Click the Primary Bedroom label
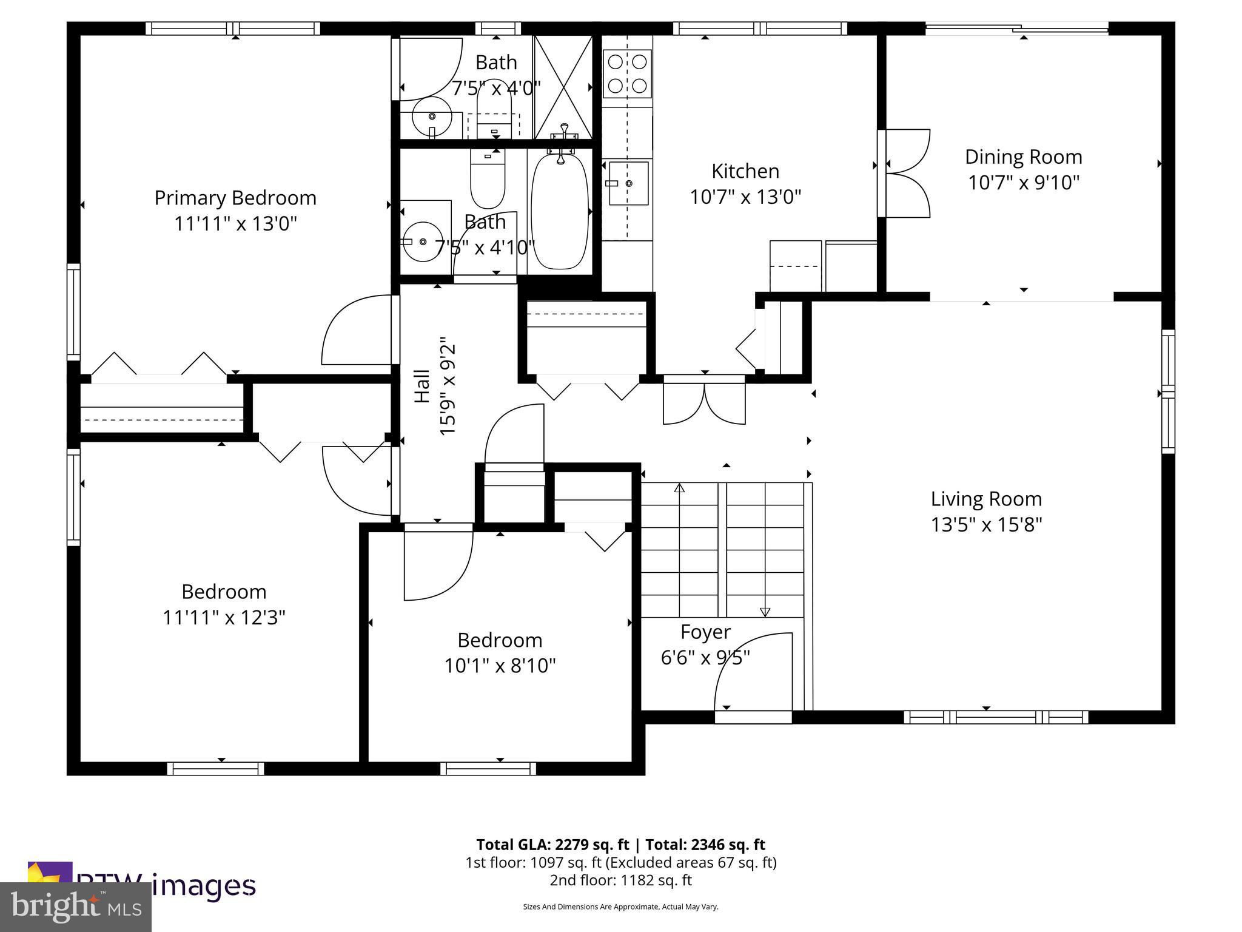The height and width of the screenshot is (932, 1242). (x=235, y=198)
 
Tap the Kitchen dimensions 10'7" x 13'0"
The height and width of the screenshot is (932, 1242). (x=745, y=197)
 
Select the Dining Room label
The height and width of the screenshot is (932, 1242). (x=1023, y=157)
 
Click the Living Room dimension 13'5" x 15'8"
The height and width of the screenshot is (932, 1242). (x=986, y=525)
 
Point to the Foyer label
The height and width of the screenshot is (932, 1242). (x=705, y=632)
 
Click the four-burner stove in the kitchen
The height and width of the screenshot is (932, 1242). (x=627, y=73)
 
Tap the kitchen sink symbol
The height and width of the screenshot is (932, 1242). (x=628, y=183)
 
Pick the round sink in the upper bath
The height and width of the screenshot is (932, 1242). (x=432, y=116)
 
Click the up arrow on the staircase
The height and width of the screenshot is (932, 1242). (x=679, y=488)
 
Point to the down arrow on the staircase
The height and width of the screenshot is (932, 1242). (x=765, y=612)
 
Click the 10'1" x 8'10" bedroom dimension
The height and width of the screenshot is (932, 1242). (x=500, y=666)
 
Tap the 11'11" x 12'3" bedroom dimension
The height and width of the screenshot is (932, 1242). (x=224, y=618)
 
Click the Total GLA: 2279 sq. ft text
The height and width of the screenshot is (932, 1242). (x=554, y=845)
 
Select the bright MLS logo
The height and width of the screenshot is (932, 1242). (x=76, y=907)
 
